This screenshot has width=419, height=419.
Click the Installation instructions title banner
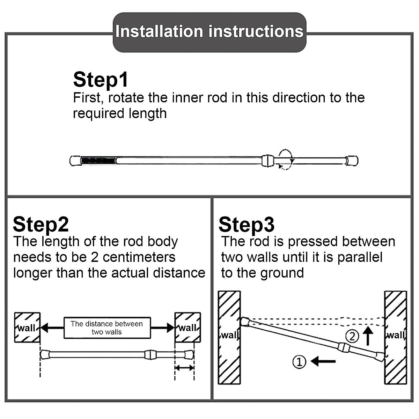click(209, 32)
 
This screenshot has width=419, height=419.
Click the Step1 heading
click(101, 80)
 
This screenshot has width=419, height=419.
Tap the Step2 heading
click(41, 224)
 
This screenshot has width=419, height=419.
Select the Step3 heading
click(246, 224)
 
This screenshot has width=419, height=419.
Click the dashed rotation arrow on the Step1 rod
click(286, 160)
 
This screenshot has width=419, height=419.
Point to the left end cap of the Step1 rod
click(75, 161)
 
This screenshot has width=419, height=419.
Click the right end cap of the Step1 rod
click(352, 161)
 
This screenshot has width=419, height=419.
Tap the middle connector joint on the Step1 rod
click(267, 161)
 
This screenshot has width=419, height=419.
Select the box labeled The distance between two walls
click(107, 328)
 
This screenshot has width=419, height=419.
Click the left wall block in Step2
click(27, 328)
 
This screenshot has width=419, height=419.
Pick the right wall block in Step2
click(188, 328)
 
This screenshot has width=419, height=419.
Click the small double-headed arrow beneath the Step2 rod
click(184, 368)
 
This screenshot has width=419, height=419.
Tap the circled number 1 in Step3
click(299, 362)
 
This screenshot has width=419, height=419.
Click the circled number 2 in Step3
click(352, 336)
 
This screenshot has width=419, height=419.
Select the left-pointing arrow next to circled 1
click(323, 361)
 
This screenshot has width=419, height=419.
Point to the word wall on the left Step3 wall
click(229, 335)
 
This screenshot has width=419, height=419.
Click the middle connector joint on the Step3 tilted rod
click(343, 347)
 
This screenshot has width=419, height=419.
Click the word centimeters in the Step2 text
click(139, 257)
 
